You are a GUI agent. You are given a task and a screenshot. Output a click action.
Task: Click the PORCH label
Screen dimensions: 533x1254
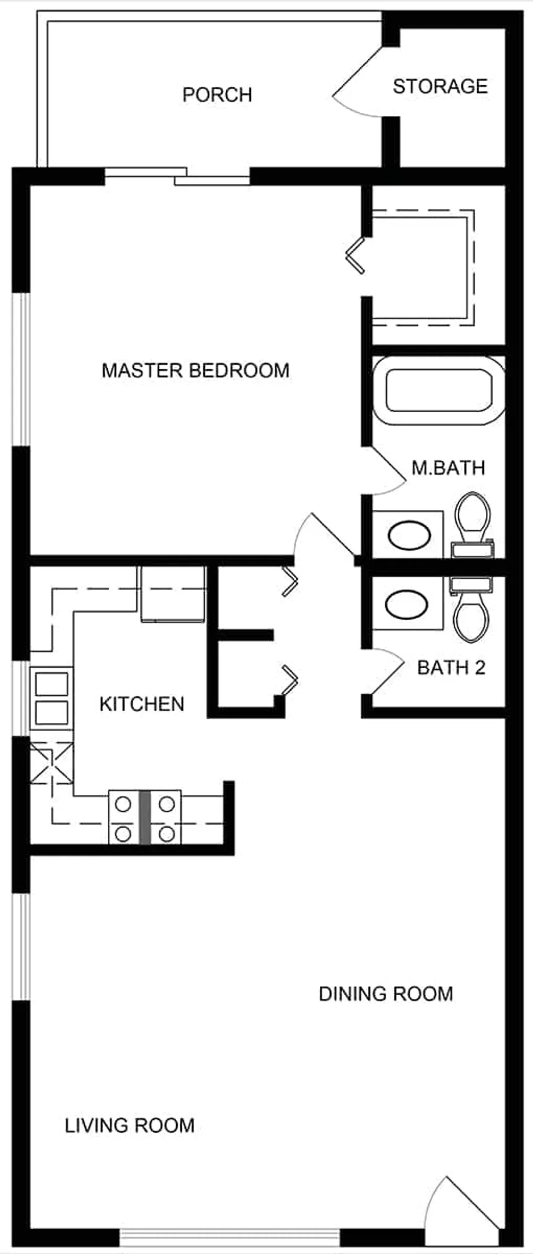pyautogui.click(x=217, y=95)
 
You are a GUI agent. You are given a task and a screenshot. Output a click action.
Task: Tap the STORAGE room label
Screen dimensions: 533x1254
pyautogui.click(x=440, y=86)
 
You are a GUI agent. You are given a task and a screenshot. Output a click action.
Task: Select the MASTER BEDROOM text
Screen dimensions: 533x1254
pyautogui.click(x=195, y=370)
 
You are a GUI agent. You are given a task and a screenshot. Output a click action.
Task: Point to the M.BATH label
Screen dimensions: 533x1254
pyautogui.click(x=448, y=467)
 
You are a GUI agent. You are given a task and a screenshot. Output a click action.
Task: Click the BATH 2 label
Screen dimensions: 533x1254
pyautogui.click(x=451, y=667)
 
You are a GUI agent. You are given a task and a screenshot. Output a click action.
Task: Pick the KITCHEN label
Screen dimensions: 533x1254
pyautogui.click(x=142, y=704)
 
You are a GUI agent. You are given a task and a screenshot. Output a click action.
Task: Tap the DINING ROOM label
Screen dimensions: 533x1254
pyautogui.click(x=385, y=994)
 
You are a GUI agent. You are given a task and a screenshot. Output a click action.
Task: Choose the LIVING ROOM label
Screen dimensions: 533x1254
pyautogui.click(x=130, y=1125)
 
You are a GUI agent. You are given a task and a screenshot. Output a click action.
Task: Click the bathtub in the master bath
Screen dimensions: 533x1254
pyautogui.click(x=439, y=390)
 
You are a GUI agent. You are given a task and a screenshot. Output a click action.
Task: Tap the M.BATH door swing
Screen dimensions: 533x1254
pyautogui.click(x=384, y=471)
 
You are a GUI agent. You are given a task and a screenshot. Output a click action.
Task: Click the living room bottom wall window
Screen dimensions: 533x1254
pyautogui.click(x=229, y=1237)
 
